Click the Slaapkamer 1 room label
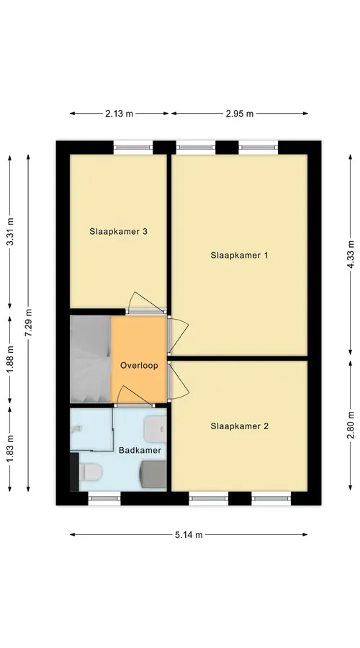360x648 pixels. [x=239, y=256]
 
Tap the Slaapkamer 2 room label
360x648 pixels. [x=239, y=426]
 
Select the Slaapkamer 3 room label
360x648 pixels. [x=118, y=231]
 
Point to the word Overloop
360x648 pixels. [x=139, y=365]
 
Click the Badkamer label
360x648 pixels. [x=140, y=450]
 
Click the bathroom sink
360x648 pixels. [x=156, y=429]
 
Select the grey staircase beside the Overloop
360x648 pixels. [x=91, y=359]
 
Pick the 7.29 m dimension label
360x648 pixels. [x=29, y=323]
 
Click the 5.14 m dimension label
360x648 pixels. [x=189, y=535]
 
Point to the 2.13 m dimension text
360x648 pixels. [x=119, y=114]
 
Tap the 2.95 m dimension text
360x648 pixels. [x=240, y=114]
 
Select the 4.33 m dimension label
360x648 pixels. [x=351, y=254]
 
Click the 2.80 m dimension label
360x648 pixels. [x=351, y=426]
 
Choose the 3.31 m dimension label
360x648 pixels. [x=10, y=231]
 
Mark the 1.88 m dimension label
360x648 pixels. [x=10, y=359]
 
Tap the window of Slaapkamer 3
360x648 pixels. [x=133, y=147]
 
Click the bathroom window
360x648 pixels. [x=104, y=498]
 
